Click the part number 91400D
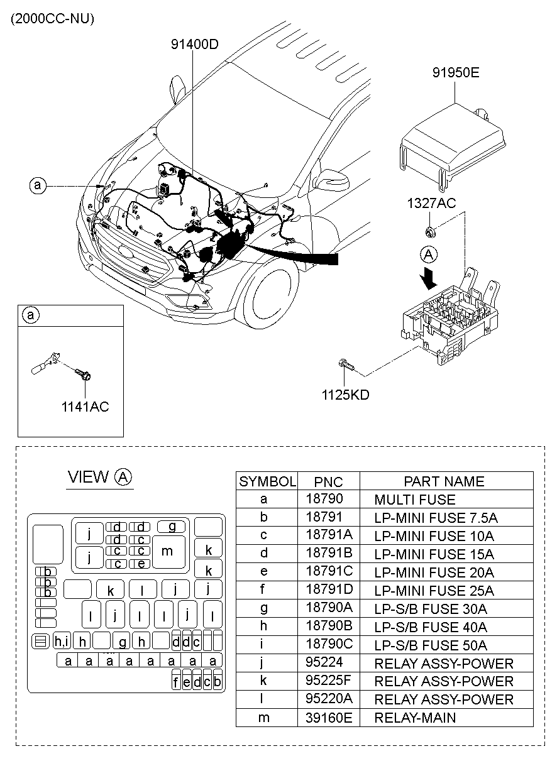194,44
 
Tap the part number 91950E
455,72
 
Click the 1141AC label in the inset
85,407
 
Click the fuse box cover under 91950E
452,145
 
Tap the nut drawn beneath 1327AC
429,231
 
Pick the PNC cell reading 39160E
329,717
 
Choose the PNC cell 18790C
329,645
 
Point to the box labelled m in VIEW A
167,551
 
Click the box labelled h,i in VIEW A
63,640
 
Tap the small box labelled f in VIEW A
177,682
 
